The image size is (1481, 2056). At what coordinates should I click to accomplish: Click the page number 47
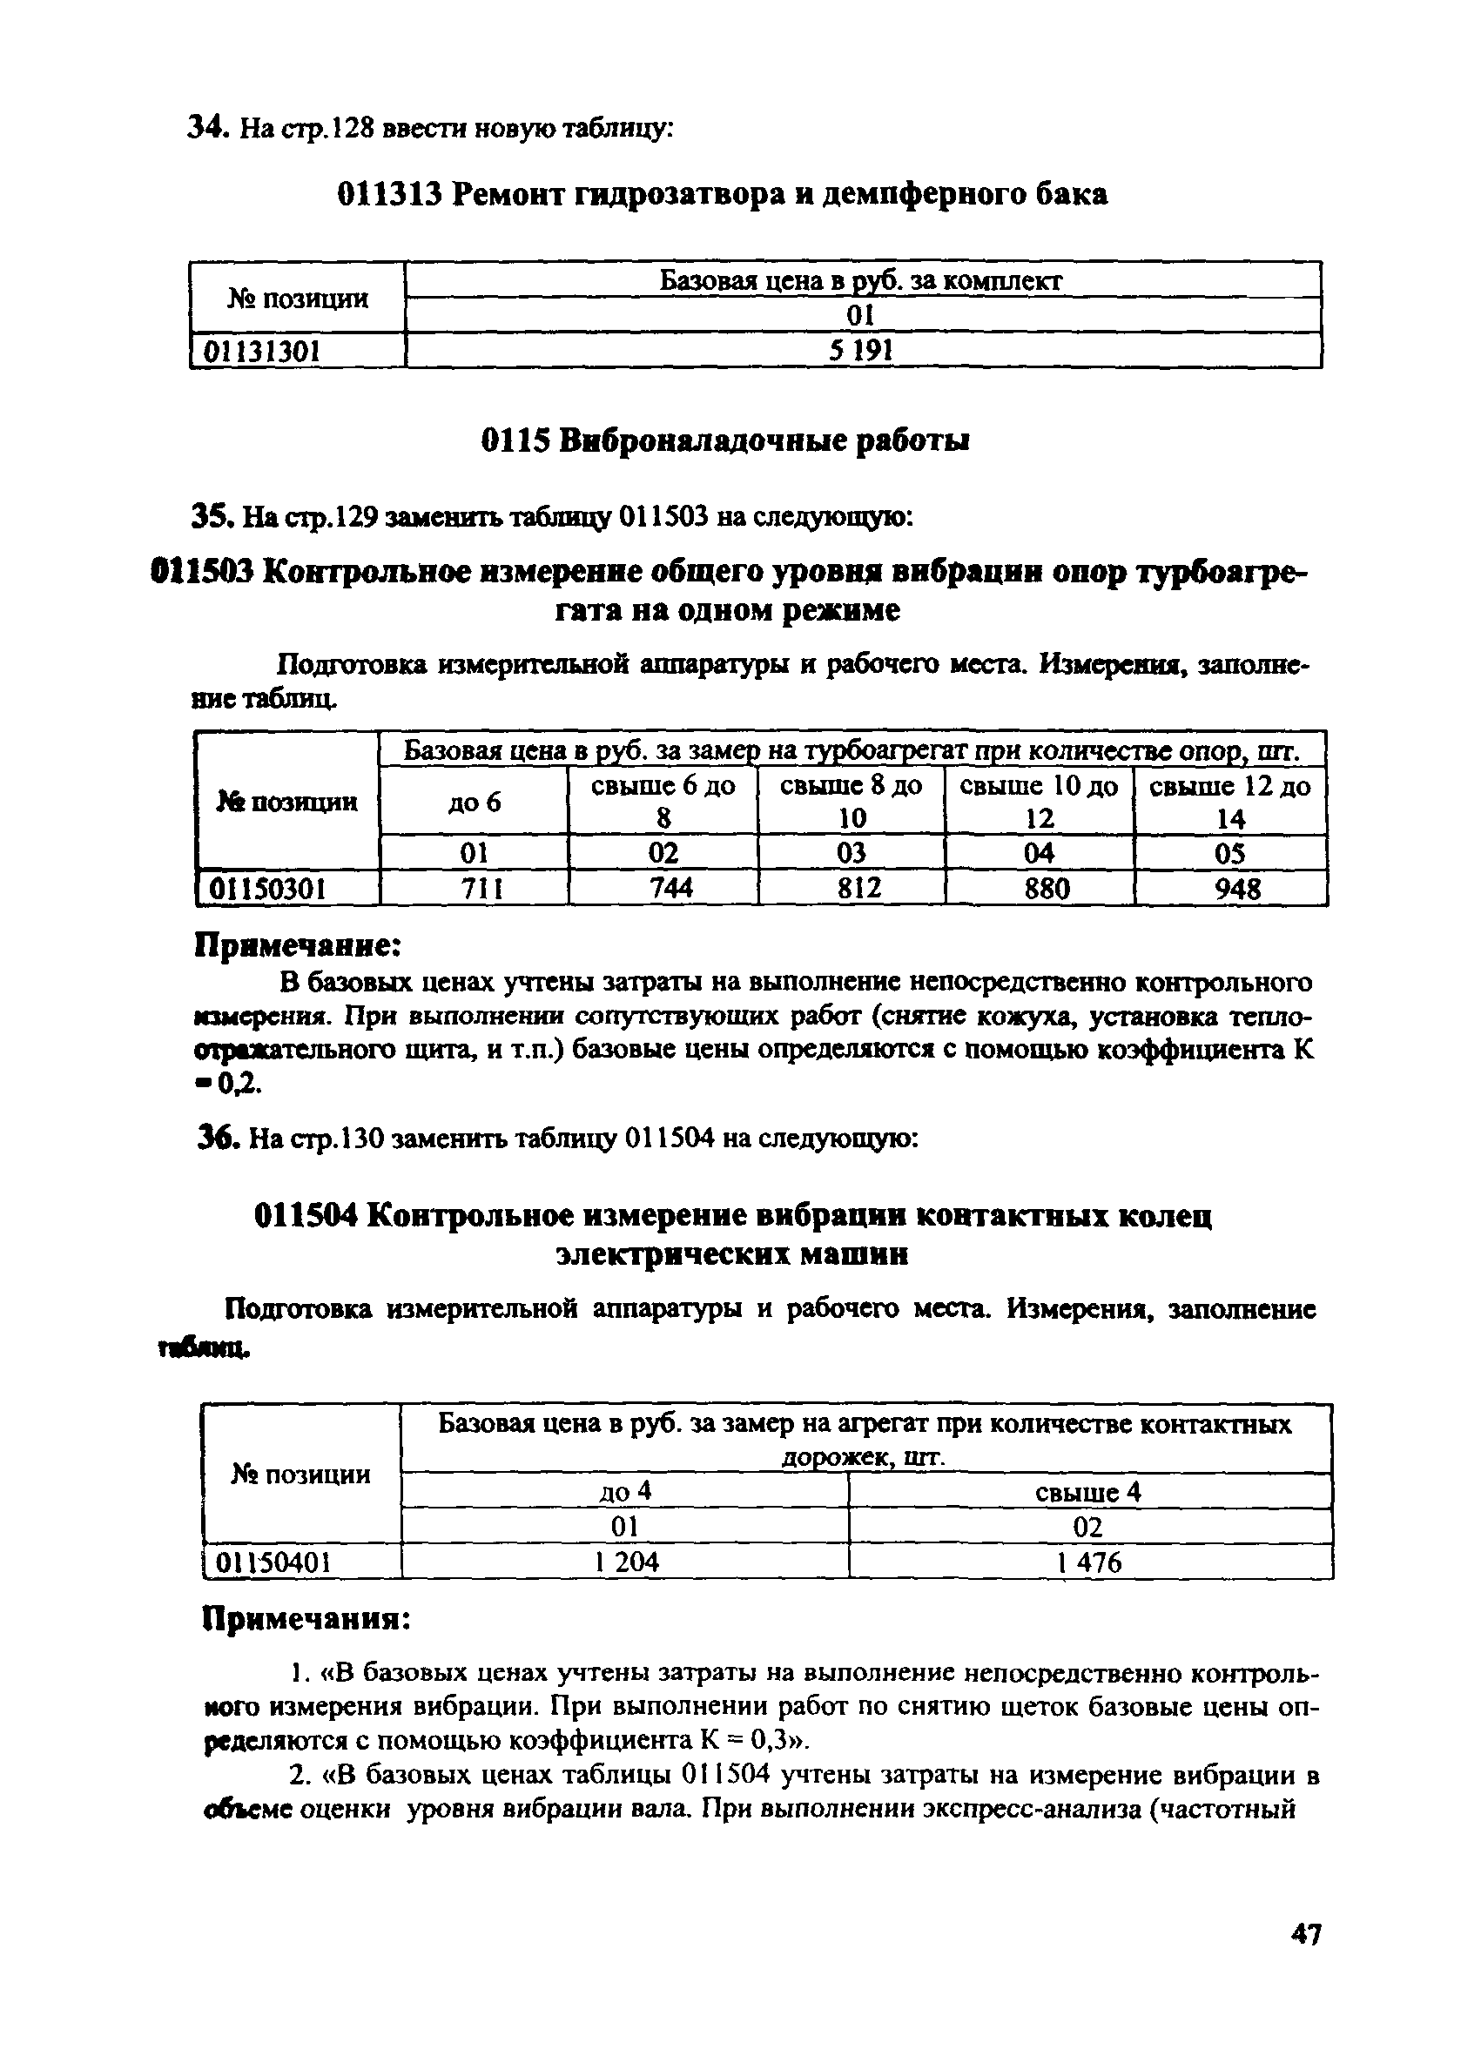(1305, 1959)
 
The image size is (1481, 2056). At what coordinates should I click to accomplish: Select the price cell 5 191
(861, 350)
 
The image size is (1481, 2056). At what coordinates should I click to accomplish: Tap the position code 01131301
(261, 351)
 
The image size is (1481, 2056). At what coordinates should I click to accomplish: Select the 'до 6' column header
(475, 803)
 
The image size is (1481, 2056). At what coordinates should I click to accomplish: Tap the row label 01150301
(267, 890)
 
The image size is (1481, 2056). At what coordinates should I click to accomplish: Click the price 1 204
(627, 1561)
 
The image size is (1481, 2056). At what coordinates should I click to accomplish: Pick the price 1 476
(1088, 1561)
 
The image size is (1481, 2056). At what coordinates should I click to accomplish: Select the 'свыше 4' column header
(1088, 1491)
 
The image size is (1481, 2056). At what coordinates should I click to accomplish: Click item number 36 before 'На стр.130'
(215, 1137)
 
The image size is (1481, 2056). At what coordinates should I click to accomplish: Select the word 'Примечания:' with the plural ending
(306, 1618)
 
